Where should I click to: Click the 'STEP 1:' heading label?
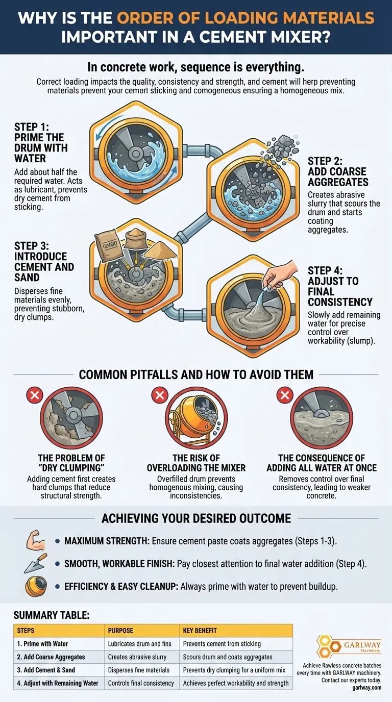pos(32,127)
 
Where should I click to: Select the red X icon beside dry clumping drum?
pos(35,395)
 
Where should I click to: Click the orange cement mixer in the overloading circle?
pos(192,417)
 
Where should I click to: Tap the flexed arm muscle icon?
pos(35,540)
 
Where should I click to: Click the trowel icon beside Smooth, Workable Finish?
pos(35,563)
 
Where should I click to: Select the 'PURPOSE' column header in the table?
pos(120,631)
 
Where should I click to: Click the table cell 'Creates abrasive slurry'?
pos(137,657)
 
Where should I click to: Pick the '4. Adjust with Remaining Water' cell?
pos(58,683)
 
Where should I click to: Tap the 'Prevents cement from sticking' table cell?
pos(222,644)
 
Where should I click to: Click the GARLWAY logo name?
pos(362,645)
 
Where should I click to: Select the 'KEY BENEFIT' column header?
pos(200,631)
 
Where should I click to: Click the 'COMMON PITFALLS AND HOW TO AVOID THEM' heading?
pos(196,374)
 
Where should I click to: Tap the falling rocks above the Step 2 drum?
pos(281,147)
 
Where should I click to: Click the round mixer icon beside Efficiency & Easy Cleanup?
pos(36,586)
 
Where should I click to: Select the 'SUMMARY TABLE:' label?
pos(52,615)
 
